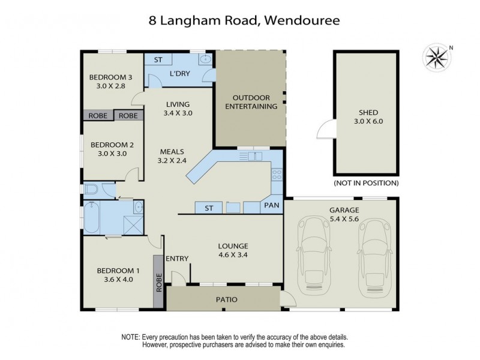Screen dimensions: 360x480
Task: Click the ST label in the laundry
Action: [x=158, y=60]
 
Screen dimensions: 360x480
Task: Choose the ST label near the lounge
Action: [x=209, y=208]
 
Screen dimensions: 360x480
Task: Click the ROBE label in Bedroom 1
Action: [x=159, y=282]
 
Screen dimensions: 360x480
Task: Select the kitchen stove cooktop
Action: [x=277, y=175]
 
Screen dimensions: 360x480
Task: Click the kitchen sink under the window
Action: [x=253, y=157]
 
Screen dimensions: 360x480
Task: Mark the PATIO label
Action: [x=223, y=299]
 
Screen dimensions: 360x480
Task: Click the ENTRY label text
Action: [x=177, y=259]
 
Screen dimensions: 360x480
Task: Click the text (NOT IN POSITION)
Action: [x=366, y=183]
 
